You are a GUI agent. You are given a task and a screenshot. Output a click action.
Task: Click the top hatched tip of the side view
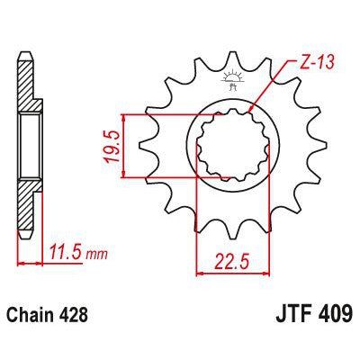[26, 67]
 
